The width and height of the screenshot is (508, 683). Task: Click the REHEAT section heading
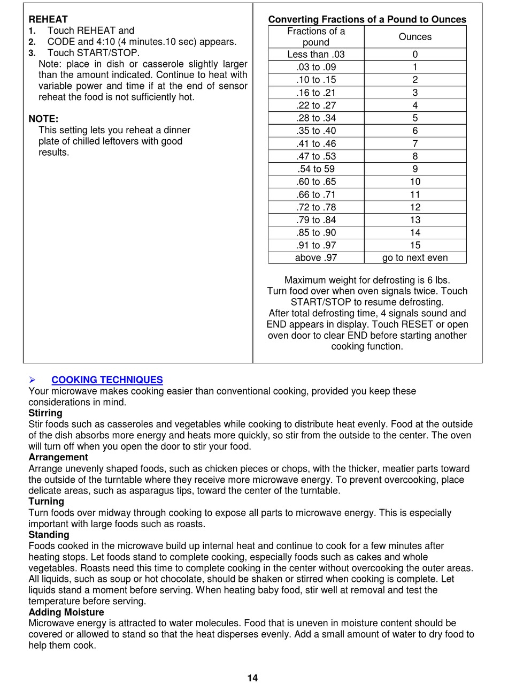coord(48,19)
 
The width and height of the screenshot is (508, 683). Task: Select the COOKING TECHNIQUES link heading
coord(107,380)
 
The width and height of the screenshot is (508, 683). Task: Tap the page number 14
coord(252,678)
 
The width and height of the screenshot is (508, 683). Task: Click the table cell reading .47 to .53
coord(316,156)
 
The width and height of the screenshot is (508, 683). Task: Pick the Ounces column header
coord(415,37)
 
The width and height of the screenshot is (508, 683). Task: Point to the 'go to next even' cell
coord(415,257)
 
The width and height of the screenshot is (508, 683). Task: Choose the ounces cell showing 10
coord(415,181)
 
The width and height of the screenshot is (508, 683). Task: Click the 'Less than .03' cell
coord(316,54)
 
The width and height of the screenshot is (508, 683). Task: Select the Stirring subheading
coord(45,413)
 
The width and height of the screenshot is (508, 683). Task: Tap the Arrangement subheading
coord(58,457)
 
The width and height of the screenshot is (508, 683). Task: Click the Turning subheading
coord(46,502)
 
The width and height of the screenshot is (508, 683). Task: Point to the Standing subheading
coord(49,535)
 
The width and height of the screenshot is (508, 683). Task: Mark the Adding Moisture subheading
coord(66,612)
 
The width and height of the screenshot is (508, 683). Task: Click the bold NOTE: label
coord(43,119)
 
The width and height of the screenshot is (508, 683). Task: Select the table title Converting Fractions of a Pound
coord(367,19)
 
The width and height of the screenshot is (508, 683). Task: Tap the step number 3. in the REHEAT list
coord(32,53)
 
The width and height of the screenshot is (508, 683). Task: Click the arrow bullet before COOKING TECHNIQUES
coord(32,380)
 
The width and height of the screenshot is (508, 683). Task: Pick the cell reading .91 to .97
coord(316,245)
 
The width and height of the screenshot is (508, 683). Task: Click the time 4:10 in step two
coord(106,42)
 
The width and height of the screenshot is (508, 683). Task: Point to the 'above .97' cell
coord(316,257)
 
